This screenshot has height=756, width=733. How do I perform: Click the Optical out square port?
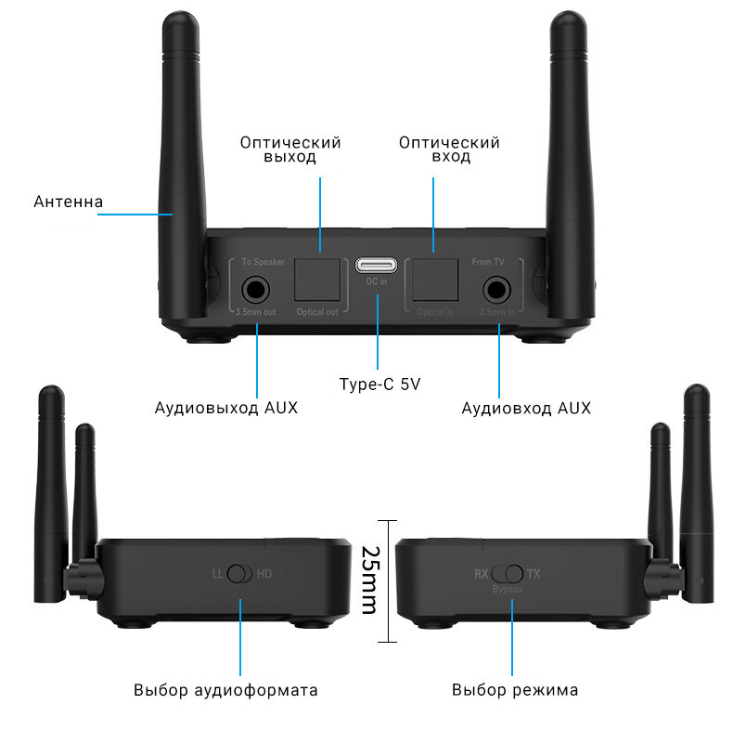(318, 276)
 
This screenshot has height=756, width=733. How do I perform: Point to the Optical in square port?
(435, 276)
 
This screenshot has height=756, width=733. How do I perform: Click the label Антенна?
(68, 202)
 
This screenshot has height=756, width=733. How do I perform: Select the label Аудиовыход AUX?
(226, 408)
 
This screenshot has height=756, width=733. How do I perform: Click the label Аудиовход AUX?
(526, 408)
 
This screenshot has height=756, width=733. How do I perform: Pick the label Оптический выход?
(290, 150)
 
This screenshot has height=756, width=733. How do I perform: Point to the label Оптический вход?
(449, 150)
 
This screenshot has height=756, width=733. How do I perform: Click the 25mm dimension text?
(368, 580)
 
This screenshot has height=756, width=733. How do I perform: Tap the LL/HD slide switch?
(240, 574)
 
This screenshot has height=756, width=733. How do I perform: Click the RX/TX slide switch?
(508, 574)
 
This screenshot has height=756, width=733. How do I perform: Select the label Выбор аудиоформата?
(225, 690)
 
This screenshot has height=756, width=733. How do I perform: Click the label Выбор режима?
(515, 690)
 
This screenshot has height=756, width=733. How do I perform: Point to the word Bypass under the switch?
(508, 590)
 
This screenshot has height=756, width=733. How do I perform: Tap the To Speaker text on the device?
(263, 263)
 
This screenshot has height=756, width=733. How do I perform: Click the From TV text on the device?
(488, 263)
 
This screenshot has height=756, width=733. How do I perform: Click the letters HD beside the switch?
(264, 574)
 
